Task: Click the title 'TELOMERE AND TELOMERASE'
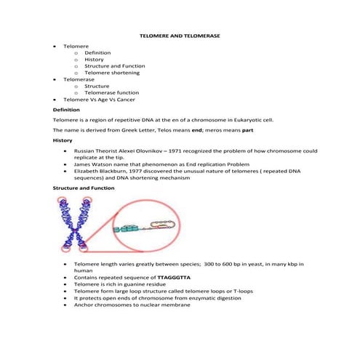[179, 35]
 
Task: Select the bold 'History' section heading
[63, 139]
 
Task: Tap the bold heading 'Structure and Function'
[83, 188]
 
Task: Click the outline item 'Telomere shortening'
[112, 73]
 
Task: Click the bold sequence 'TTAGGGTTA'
[174, 278]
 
